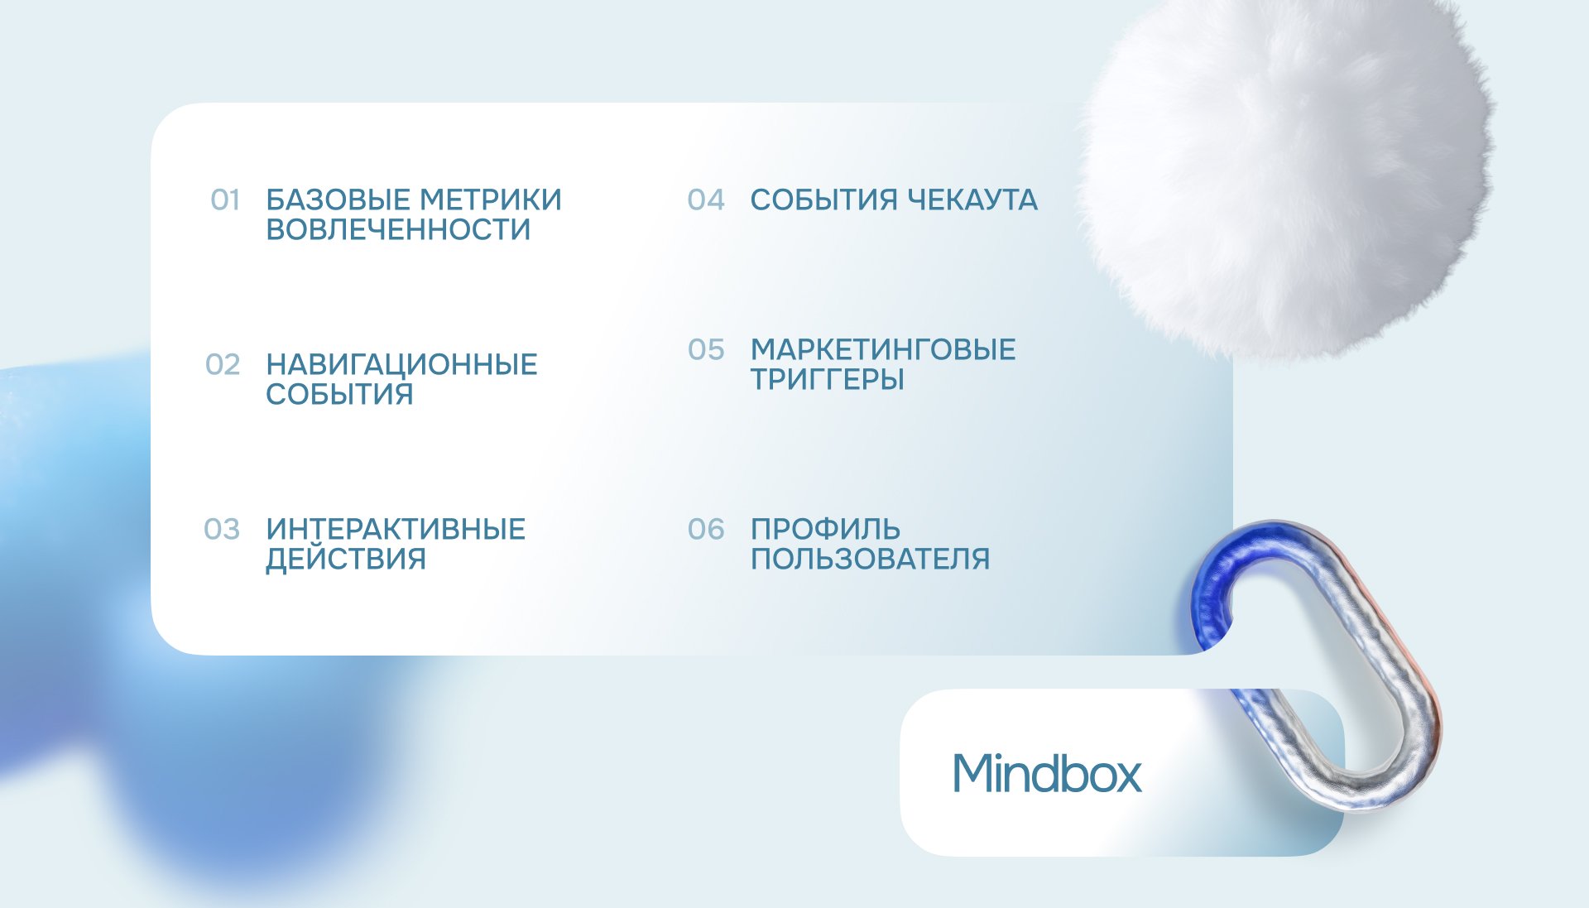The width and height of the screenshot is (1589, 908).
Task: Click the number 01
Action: coord(225,200)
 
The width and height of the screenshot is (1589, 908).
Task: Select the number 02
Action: coord(223,365)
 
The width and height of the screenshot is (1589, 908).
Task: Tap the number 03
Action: coord(222,530)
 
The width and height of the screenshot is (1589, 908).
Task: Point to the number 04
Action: coord(706,200)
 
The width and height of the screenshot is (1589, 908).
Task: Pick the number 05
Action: coord(706,350)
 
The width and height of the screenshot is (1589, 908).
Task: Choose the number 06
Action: coord(706,530)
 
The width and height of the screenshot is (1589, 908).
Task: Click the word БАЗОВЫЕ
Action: coord(338,200)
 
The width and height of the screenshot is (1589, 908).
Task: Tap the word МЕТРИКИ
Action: coord(491,200)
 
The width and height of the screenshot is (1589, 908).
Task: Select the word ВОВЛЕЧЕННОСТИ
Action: coord(398,230)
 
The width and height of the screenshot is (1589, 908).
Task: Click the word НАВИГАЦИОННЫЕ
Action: coord(401,365)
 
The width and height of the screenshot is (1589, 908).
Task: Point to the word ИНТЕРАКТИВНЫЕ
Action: coord(396,530)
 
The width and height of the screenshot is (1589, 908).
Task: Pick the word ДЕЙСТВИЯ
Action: coord(346,560)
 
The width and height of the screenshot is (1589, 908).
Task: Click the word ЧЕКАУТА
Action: coord(972,200)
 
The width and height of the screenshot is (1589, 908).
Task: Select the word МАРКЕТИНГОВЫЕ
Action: coord(883,350)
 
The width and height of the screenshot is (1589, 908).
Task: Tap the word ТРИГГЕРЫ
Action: coord(828,380)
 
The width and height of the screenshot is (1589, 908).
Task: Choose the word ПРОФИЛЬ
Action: coord(825,530)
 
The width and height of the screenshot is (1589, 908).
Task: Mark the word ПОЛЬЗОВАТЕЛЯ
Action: coord(870,560)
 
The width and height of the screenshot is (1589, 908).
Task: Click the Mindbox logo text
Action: coord(1047,773)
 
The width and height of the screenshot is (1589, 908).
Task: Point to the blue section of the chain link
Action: coord(1214,579)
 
